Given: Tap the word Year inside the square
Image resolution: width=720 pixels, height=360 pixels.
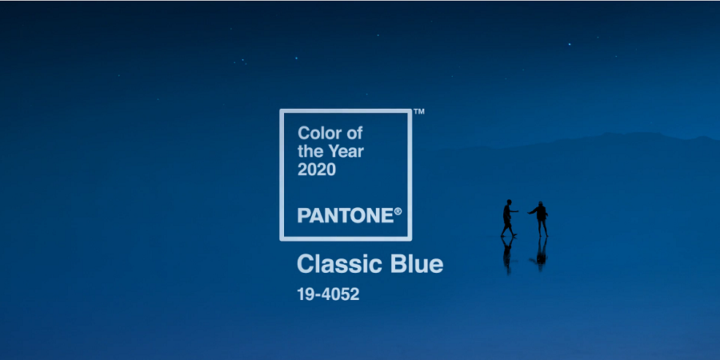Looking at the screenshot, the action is point(346,151).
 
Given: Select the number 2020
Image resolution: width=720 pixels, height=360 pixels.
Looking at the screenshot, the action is point(316,170).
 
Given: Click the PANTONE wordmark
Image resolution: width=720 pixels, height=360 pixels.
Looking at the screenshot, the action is point(346,215).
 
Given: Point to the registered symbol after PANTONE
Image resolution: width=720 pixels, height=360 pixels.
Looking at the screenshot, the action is point(398,211).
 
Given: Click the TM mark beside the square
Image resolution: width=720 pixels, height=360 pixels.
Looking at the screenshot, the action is point(418,111).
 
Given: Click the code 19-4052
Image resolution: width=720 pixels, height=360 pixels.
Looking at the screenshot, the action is point(328,294).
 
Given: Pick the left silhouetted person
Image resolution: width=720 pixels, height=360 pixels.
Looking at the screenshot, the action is point(508,218).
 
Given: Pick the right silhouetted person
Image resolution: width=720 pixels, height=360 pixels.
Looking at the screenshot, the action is point(540,219).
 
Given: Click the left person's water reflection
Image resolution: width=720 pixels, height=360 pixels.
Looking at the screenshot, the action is point(507,255).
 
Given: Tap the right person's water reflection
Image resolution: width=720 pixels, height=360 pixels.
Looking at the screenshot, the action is point(541,254).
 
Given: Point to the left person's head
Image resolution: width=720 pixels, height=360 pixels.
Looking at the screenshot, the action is point(509,202).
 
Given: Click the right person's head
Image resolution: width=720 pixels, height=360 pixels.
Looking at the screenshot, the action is point(541,204).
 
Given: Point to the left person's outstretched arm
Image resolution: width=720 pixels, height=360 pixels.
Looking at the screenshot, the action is point(514,211).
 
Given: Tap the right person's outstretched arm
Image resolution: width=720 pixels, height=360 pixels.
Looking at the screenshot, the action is point(532,211).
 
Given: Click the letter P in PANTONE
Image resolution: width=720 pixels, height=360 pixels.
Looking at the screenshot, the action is point(303,215).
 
